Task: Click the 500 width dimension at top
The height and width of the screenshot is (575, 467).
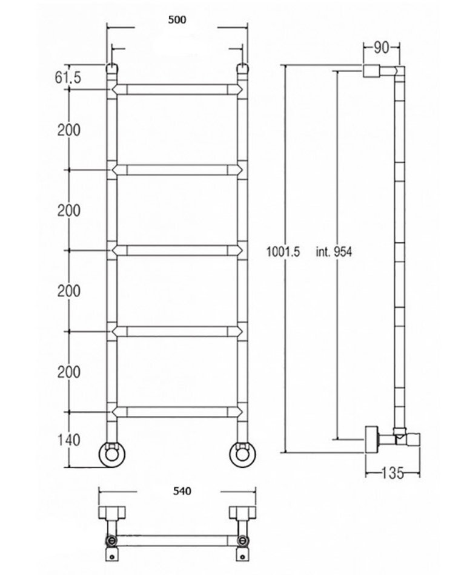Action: click(177, 20)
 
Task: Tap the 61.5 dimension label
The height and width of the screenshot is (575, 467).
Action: click(68, 77)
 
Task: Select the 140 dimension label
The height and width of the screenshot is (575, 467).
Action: click(68, 440)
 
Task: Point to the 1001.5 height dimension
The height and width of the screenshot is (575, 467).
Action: click(283, 252)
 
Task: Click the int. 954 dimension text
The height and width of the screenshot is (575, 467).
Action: click(334, 252)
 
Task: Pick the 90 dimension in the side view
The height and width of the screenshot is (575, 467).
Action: click(382, 47)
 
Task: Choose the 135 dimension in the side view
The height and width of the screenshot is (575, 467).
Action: click(392, 473)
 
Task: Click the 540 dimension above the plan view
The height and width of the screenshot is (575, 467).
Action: click(182, 491)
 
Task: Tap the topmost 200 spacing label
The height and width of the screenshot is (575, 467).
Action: click(68, 130)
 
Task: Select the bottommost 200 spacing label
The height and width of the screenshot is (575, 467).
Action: click(68, 372)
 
